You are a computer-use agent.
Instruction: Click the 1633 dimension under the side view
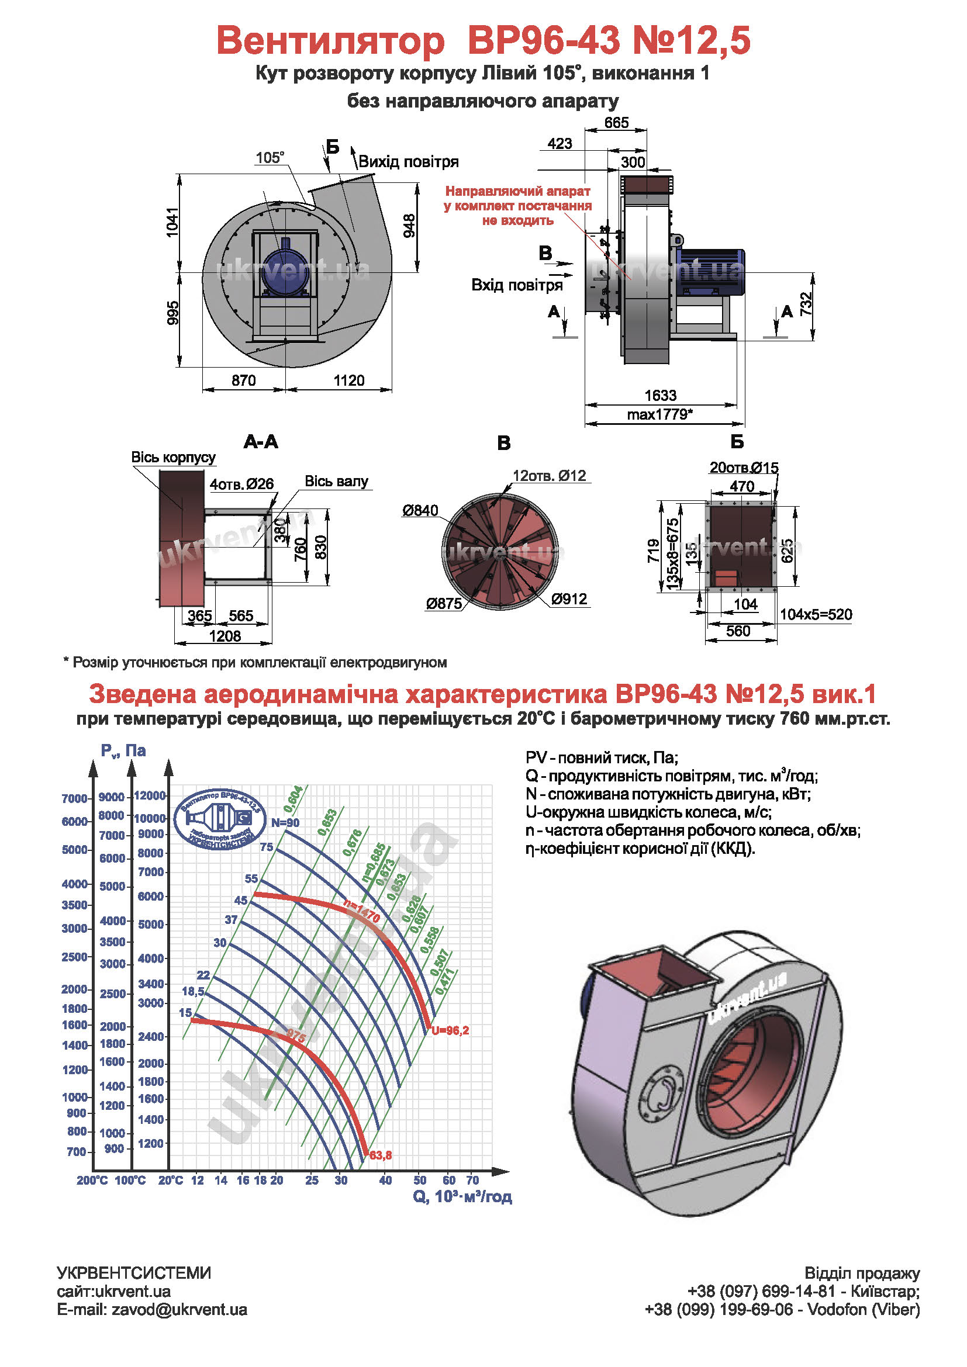pos(660,396)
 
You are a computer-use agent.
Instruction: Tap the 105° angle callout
pos(270,158)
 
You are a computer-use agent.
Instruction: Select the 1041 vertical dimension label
pos(172,222)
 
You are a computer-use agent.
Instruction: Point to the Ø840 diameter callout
pos(420,510)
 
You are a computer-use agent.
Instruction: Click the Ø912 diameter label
pos(569,598)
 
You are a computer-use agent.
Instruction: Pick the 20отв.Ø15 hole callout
pos(744,468)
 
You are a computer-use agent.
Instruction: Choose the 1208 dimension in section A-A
pos(225,636)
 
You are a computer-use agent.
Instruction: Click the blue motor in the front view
pos(285,272)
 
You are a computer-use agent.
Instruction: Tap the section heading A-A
pos(261,442)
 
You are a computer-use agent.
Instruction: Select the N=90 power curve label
pos(285,822)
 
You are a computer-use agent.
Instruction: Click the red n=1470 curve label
pos(362,912)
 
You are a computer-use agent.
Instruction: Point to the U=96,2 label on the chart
pos(450,1030)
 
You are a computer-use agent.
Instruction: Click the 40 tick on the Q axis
pos(385,1180)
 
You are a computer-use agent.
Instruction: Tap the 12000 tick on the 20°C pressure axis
pos(150,795)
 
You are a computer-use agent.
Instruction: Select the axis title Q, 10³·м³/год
pos(462,1197)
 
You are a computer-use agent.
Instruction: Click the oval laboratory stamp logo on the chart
pos(221,819)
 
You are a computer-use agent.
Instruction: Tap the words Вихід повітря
pos(409,162)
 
